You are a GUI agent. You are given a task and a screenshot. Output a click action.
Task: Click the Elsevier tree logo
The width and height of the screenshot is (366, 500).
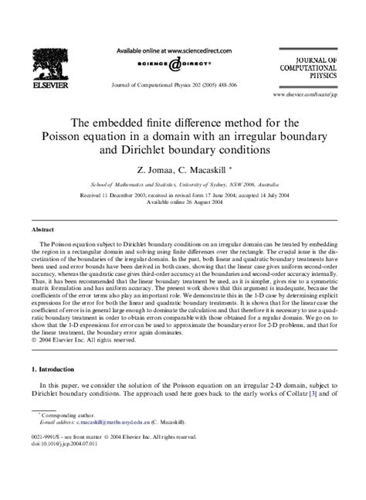[47, 61]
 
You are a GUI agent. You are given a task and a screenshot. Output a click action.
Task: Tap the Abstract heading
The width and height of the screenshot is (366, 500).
[42, 230]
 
